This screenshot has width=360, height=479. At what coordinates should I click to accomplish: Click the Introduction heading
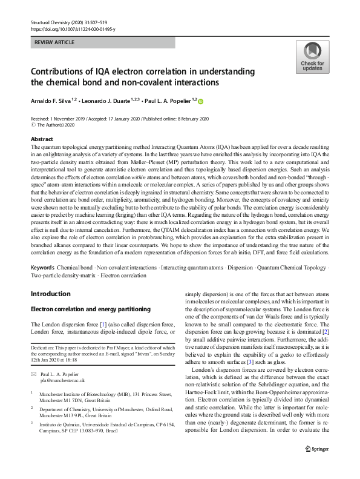(50, 294)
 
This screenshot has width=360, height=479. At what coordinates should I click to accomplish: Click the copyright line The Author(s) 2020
(59, 124)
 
